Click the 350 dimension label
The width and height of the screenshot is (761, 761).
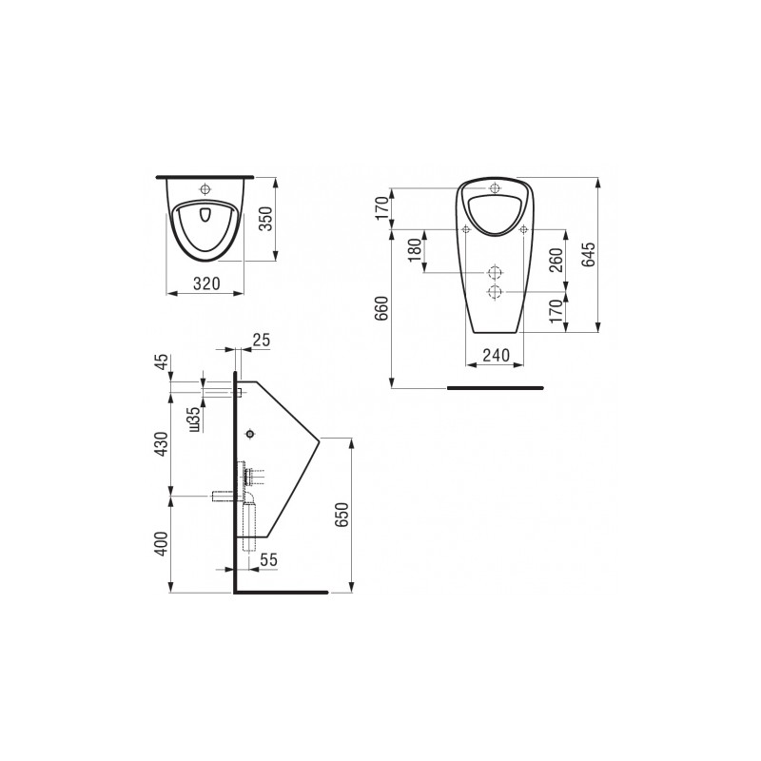point(267,220)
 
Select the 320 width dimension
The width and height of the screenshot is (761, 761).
point(206,283)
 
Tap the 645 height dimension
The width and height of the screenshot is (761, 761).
point(588,254)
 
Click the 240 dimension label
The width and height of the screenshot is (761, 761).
point(496,355)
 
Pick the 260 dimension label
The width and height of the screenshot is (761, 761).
point(556,260)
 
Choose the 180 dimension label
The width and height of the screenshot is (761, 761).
point(415,250)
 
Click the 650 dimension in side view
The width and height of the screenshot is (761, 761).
point(341,516)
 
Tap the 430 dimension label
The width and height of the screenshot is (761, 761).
point(161,443)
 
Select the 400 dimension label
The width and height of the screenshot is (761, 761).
point(161,543)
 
